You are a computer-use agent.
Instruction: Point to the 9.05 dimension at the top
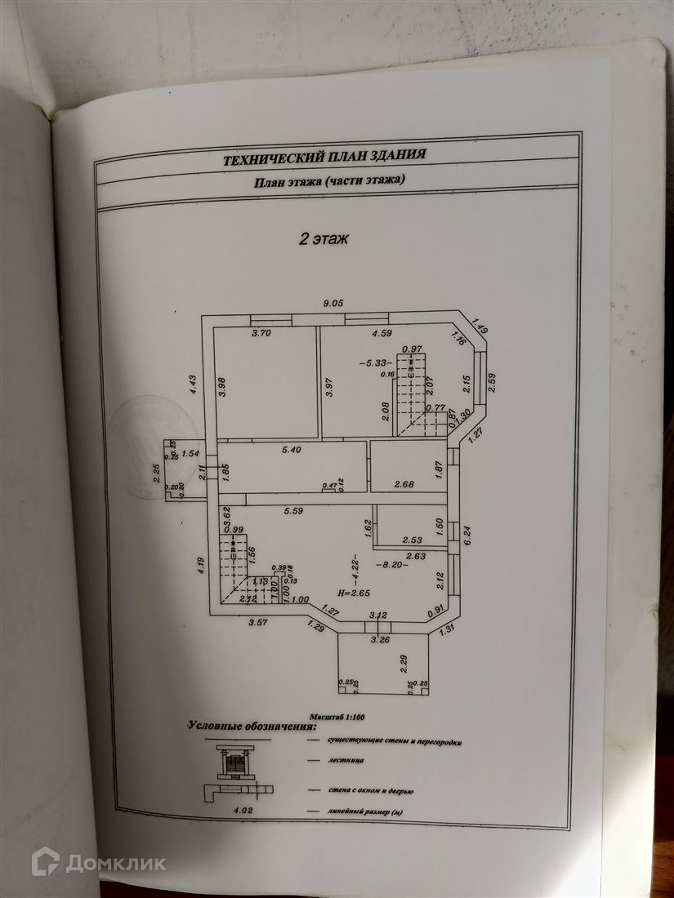point(333,303)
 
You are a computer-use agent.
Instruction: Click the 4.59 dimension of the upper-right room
point(383,333)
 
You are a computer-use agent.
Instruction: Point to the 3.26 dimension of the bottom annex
point(379,640)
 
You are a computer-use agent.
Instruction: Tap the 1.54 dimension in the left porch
point(190,453)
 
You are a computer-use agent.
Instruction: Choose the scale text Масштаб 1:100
point(338,715)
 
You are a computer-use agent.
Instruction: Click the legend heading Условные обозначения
point(252,725)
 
